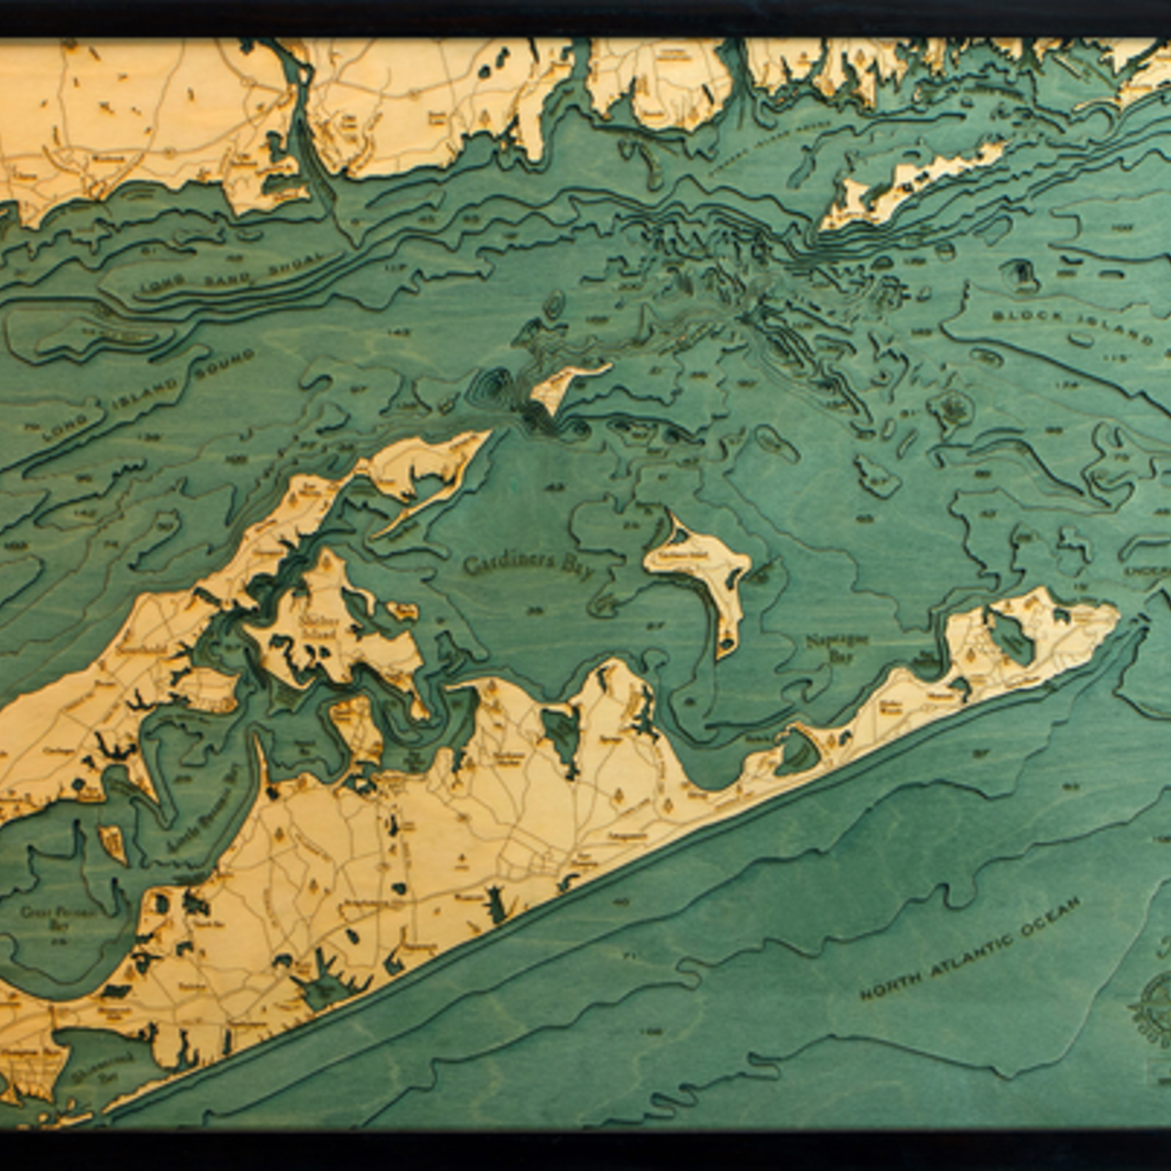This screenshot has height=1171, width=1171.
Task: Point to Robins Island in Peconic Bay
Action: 113,844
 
